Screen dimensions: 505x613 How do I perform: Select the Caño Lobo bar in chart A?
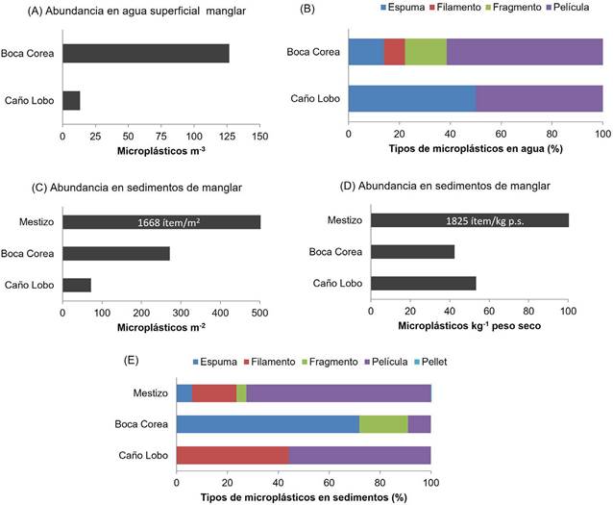coord(71,100)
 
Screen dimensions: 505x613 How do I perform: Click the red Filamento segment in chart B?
coord(394,52)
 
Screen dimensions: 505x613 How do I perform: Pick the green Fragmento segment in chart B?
coord(426,52)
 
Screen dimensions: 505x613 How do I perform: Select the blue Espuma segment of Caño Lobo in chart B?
coord(411,99)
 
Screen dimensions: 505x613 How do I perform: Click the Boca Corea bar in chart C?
coord(116,253)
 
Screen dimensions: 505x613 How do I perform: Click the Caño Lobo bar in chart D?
coord(423,283)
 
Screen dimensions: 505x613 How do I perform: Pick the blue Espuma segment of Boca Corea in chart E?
coord(267,424)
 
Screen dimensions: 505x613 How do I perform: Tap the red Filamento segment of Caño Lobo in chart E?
coord(233,454)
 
